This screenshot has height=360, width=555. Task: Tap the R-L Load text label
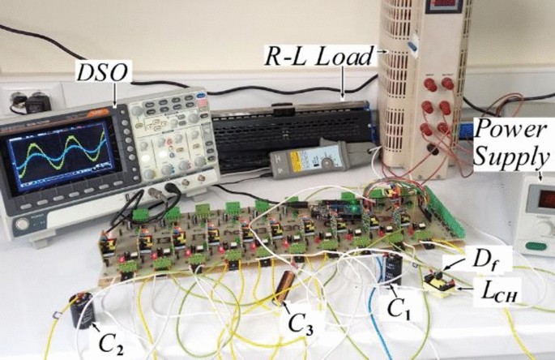[321, 57]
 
